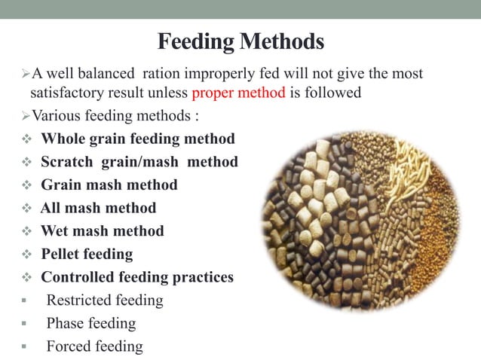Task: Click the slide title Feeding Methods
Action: tap(240, 41)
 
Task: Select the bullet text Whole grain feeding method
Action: tap(137, 139)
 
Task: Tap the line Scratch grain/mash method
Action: tap(139, 162)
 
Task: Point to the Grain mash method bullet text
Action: tap(109, 185)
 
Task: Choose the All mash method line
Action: tap(98, 208)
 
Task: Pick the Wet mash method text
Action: tap(102, 230)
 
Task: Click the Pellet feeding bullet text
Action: tap(87, 254)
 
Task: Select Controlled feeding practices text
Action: tap(136, 277)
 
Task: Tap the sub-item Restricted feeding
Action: tap(105, 301)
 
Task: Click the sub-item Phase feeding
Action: tap(91, 324)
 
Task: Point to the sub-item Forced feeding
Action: tap(94, 346)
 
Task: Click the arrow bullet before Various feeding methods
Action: tap(24, 117)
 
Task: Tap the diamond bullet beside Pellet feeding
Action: tap(26, 255)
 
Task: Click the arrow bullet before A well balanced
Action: tap(24, 75)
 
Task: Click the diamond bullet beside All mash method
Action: tap(26, 209)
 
